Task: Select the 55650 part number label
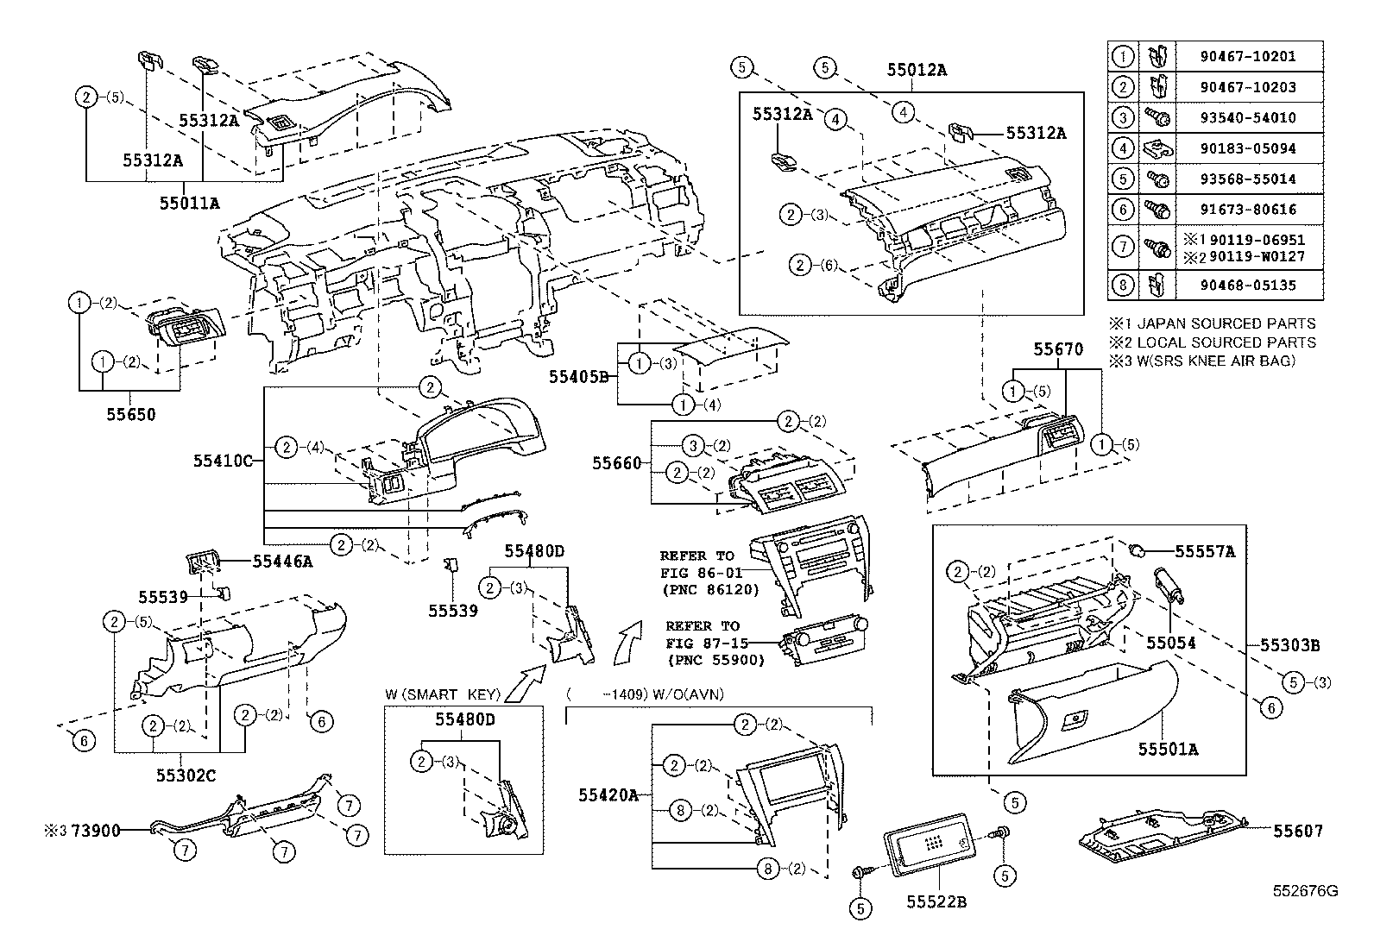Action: [x=131, y=415]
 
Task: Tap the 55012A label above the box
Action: [x=916, y=71]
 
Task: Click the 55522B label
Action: [x=936, y=902]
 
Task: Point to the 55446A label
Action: [x=282, y=562]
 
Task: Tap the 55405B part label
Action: [x=578, y=377]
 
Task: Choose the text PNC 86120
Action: [x=711, y=591]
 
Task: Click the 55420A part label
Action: [x=608, y=795]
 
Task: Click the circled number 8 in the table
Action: [x=1123, y=285]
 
